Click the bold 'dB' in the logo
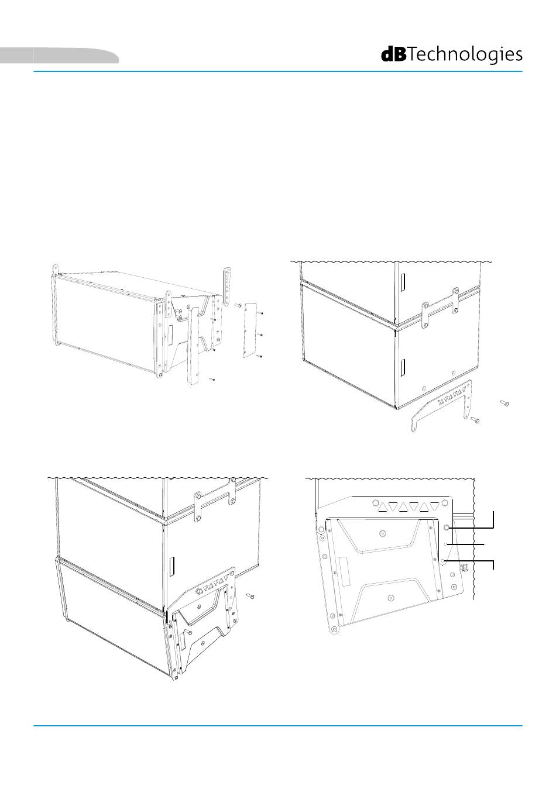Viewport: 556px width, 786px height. [394, 54]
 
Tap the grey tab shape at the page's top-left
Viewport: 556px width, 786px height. [59, 55]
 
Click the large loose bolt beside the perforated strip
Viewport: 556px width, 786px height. [238, 306]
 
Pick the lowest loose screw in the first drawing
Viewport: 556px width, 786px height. [211, 380]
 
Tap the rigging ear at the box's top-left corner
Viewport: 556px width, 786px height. [54, 270]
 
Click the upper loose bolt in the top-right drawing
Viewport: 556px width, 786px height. [504, 404]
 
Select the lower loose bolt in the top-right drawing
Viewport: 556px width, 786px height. [475, 419]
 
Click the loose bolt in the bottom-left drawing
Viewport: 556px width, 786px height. [250, 596]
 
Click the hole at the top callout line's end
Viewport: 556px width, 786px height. [447, 528]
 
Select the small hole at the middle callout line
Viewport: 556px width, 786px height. [446, 544]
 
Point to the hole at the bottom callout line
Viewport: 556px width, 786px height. [444, 562]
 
